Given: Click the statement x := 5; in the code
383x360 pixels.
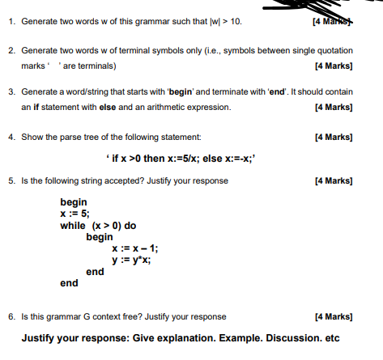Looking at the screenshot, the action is (75, 214).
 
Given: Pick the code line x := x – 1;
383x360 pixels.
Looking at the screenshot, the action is (134, 249).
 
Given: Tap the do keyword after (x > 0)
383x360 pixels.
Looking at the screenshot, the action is (130, 226).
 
